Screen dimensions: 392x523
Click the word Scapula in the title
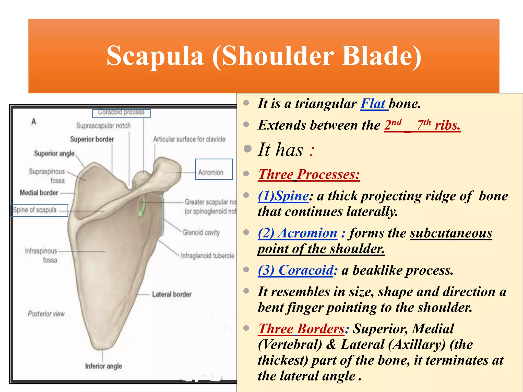[x=155, y=56]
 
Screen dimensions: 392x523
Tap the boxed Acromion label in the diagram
[x=211, y=172]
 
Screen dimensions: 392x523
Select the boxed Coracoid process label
[x=121, y=112]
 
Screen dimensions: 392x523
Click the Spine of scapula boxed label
[x=35, y=210]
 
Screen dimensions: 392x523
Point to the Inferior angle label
[x=103, y=366]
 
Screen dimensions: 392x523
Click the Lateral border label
[x=172, y=294]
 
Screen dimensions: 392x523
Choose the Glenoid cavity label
[x=201, y=232]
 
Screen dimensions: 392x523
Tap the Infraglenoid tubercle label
[x=207, y=255]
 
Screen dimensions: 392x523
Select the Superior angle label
[x=54, y=153]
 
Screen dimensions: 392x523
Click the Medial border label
[x=39, y=193]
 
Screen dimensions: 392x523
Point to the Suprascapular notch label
[x=103, y=126]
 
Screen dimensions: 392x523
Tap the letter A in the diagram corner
[x=34, y=121]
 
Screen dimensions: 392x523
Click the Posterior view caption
[x=46, y=314]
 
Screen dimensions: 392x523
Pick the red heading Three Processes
[x=309, y=175]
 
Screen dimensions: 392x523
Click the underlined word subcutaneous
[x=451, y=233]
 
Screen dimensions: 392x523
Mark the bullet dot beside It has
[x=247, y=149]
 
